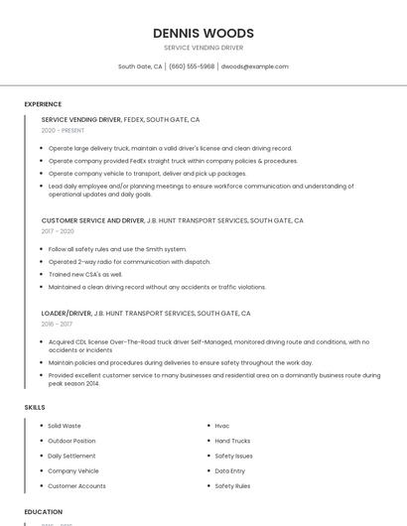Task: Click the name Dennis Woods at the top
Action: (203, 33)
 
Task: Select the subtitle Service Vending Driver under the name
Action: (203, 48)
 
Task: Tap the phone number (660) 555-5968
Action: (192, 66)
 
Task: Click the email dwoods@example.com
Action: (254, 66)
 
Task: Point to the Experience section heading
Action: (43, 104)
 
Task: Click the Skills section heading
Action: (35, 407)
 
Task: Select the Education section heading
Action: (44, 512)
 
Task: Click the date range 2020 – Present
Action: (63, 131)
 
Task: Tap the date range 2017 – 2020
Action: (58, 231)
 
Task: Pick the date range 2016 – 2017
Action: (57, 324)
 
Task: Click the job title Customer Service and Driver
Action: (92, 220)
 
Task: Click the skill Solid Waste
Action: (65, 426)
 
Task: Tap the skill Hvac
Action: (222, 426)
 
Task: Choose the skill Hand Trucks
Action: (232, 441)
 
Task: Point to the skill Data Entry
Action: (230, 470)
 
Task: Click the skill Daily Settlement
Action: (71, 456)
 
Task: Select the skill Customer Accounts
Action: (76, 486)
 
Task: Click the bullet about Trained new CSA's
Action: (85, 274)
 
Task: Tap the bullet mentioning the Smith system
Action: (117, 249)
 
